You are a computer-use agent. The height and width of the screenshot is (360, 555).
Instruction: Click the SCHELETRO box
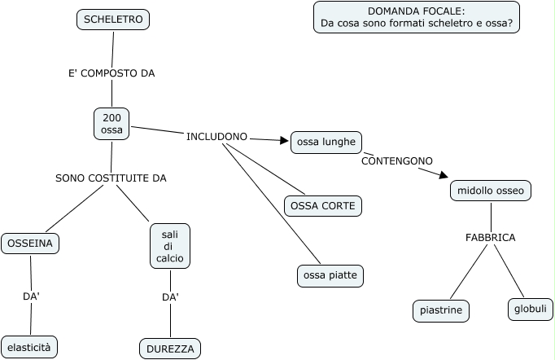pyautogui.click(x=113, y=20)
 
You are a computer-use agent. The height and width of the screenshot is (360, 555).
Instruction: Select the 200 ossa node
pyautogui.click(x=111, y=124)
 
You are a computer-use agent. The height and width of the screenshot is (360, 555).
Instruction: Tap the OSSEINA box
pyautogui.click(x=30, y=243)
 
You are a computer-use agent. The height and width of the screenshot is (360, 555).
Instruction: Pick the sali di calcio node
pyautogui.click(x=170, y=246)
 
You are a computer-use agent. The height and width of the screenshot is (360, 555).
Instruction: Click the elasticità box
pyautogui.click(x=29, y=347)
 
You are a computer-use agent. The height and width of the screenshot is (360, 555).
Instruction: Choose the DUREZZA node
pyautogui.click(x=170, y=349)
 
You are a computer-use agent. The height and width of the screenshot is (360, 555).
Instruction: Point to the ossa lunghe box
pyautogui.click(x=326, y=142)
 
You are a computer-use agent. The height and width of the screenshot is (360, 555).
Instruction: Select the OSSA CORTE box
pyautogui.click(x=322, y=206)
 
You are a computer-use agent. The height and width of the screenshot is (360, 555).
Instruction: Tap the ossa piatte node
pyautogui.click(x=330, y=276)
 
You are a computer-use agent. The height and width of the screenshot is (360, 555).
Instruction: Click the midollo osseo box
pyautogui.click(x=491, y=191)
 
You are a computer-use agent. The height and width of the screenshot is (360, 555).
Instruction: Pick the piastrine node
pyautogui.click(x=441, y=310)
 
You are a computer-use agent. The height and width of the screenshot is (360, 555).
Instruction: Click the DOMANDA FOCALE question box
pyautogui.click(x=416, y=17)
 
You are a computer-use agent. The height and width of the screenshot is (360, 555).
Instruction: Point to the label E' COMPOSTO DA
pyautogui.click(x=111, y=72)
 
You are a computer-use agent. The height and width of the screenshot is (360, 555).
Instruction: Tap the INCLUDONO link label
pyautogui.click(x=216, y=136)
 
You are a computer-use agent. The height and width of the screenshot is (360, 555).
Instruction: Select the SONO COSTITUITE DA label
pyautogui.click(x=111, y=178)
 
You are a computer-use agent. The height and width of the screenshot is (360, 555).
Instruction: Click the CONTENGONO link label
pyautogui.click(x=397, y=160)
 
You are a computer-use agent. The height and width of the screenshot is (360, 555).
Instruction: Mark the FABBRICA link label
pyautogui.click(x=490, y=237)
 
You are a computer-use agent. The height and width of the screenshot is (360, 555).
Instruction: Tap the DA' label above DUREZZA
pyautogui.click(x=170, y=297)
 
